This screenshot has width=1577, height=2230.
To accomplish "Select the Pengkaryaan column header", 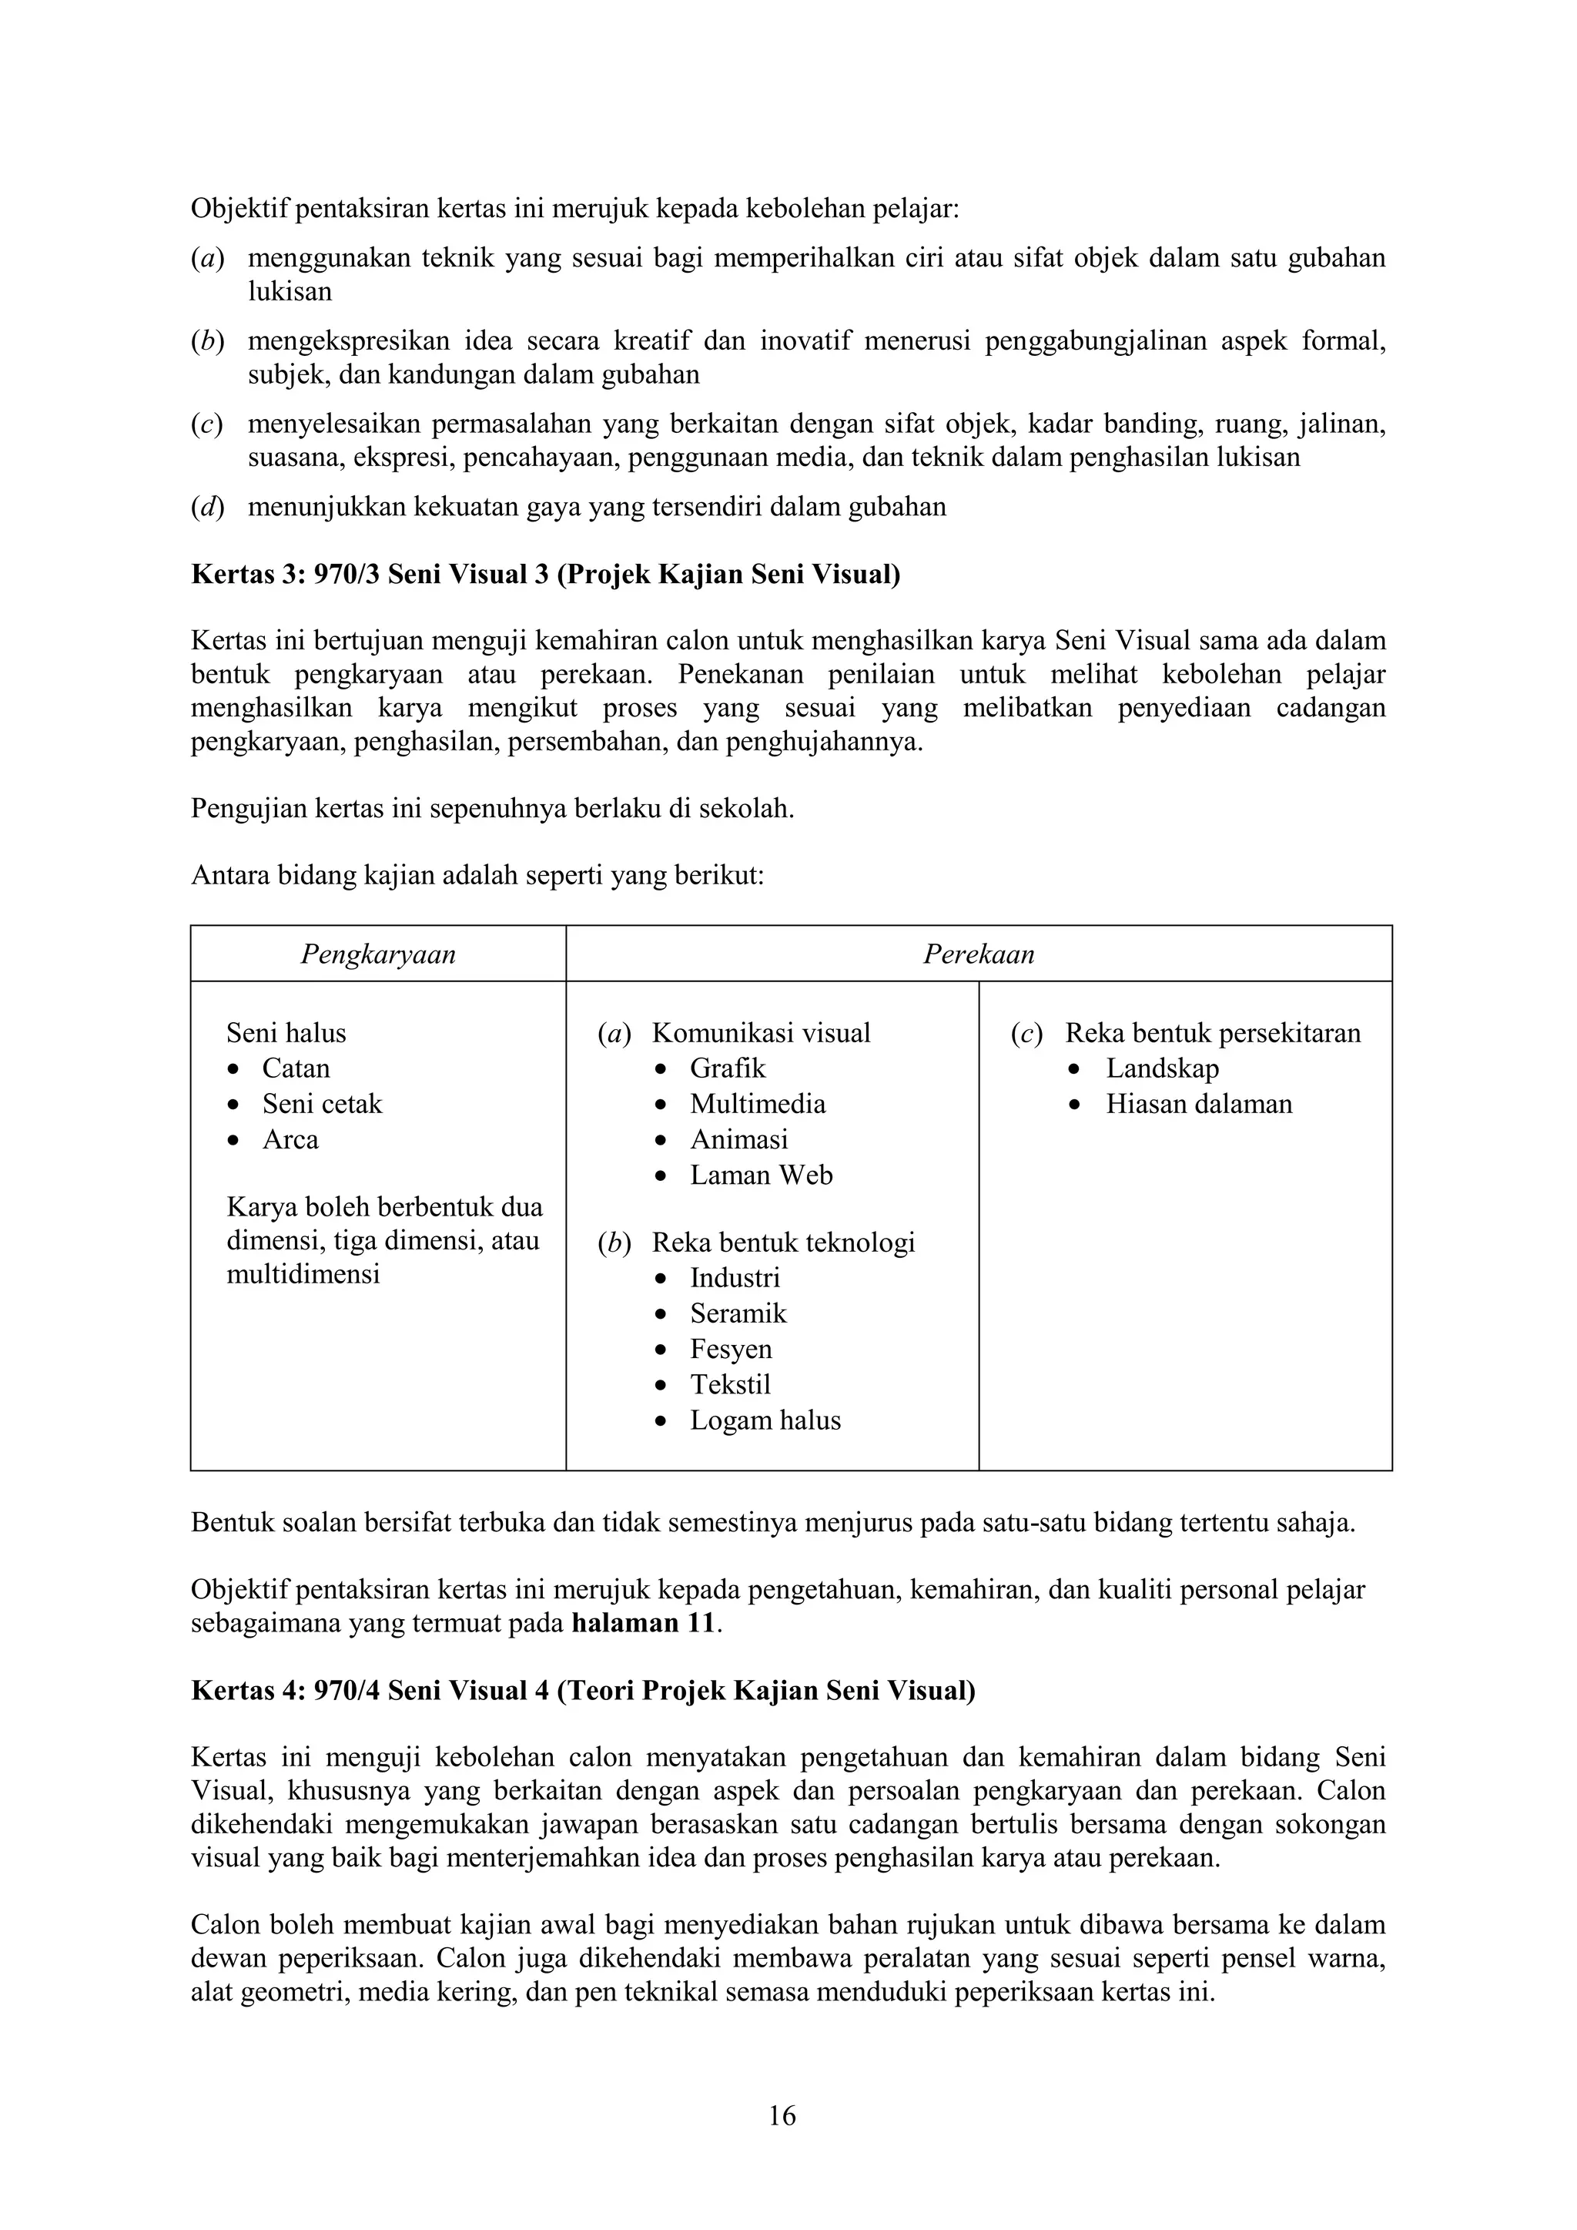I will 378,954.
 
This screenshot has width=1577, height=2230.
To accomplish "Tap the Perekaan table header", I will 978,954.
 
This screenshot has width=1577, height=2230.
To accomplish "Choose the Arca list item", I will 290,1139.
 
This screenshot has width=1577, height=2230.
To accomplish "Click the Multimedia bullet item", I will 758,1105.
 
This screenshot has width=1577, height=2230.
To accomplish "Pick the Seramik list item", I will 738,1313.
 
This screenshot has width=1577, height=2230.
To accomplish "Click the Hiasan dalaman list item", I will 1198,1105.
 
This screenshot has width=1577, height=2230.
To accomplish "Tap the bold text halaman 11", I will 644,1623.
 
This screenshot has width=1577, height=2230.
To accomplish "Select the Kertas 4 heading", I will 583,1691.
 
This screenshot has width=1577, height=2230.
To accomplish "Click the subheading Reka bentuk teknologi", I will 782,1242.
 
